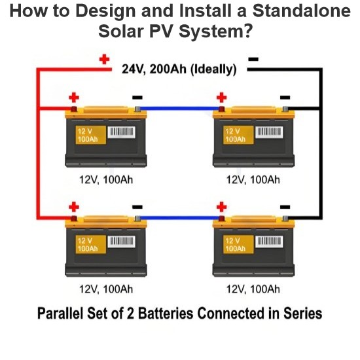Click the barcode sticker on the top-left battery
(121, 132)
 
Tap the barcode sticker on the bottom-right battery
(269, 242)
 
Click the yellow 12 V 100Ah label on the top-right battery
(238, 135)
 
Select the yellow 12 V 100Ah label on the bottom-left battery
(91, 244)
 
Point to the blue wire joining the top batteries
(179, 109)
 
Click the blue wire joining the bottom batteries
(179, 218)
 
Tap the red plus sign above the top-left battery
(74, 98)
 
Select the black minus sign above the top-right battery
(285, 98)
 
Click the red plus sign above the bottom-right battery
(221, 207)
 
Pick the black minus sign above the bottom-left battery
(137, 207)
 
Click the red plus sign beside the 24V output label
(104, 59)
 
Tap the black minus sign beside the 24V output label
(253, 59)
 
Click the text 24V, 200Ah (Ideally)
(179, 69)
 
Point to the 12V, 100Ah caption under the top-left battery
(106, 180)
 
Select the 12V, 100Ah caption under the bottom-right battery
(253, 289)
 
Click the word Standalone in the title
(302, 10)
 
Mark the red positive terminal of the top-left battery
(74, 109)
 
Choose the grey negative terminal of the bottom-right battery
(285, 219)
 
